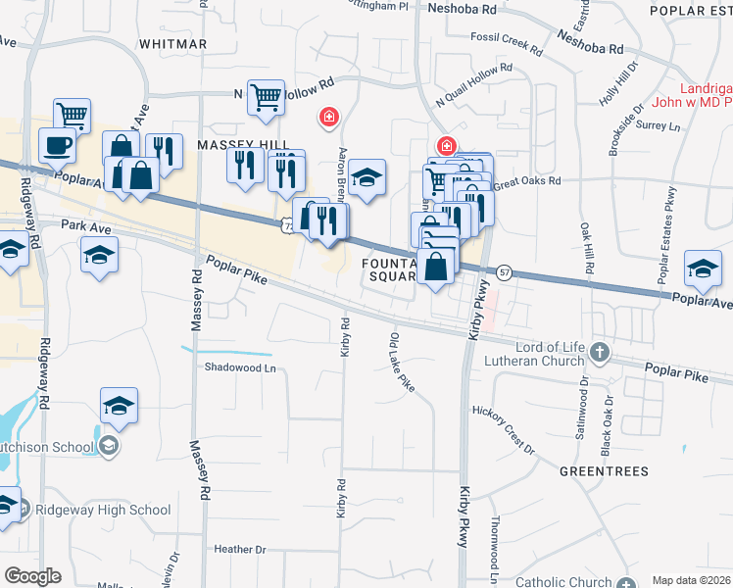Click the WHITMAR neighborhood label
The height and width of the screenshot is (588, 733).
[x=173, y=44]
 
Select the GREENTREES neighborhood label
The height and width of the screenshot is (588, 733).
[x=604, y=471]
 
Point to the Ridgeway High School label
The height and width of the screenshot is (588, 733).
[x=103, y=510]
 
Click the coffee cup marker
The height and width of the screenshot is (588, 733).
[x=58, y=147]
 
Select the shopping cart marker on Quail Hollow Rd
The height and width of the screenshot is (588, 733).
[x=266, y=98]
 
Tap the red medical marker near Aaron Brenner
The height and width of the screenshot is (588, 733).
[x=329, y=119]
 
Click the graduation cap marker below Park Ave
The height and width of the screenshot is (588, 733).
[x=99, y=258]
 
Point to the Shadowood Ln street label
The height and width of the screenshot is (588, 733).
[x=240, y=367]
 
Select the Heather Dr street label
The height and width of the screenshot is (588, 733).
[x=239, y=550]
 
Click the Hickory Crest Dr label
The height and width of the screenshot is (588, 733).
[x=503, y=430]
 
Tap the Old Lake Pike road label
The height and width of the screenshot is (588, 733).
[x=403, y=363]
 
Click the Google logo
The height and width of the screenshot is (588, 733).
[x=32, y=576]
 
